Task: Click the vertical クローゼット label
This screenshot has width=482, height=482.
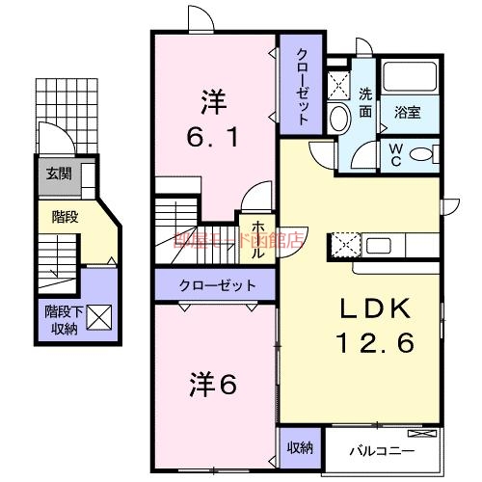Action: click(x=302, y=87)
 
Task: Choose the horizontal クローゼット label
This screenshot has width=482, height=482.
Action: click(x=217, y=286)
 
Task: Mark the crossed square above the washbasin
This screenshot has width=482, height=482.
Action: click(x=338, y=84)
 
